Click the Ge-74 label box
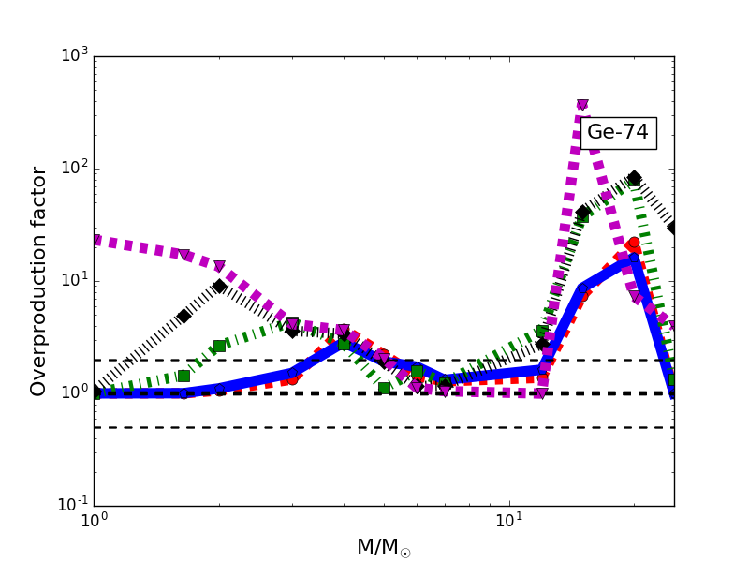coord(618,133)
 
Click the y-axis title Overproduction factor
coord(39,281)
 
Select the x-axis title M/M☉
coord(383,547)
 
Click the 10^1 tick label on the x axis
coord(508,522)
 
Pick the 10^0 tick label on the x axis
coord(94,522)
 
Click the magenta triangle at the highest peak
coord(582,105)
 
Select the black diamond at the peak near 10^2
coord(634,178)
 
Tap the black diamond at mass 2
coord(219,286)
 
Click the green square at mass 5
coord(384,388)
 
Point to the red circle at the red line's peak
coord(634,244)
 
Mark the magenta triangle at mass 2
coord(219,267)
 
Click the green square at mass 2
coord(219,346)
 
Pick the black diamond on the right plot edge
coord(673,228)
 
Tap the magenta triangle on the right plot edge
coord(673,327)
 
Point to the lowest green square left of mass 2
coord(184,376)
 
